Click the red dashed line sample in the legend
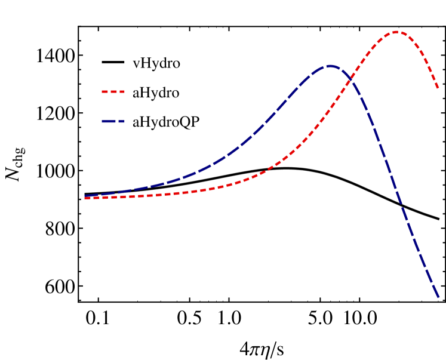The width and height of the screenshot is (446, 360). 113,92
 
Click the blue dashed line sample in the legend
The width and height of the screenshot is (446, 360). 113,121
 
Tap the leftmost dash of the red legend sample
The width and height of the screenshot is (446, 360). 104,92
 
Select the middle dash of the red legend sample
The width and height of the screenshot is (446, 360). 113,92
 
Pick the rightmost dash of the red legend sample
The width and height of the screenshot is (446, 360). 122,92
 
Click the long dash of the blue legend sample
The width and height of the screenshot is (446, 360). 109,121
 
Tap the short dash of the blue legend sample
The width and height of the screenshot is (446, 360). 121,121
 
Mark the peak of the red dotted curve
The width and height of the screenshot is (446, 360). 396,32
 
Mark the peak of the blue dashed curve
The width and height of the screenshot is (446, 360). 330,66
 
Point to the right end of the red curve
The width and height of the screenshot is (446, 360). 438,88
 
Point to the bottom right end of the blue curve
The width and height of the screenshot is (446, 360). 438,296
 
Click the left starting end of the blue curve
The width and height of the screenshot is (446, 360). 85,195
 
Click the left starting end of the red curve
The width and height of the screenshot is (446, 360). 85,198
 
